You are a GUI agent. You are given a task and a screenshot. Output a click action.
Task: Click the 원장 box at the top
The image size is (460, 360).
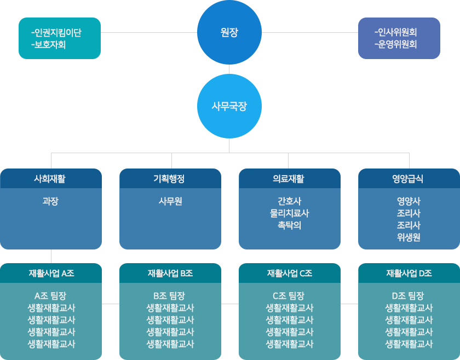(229, 32)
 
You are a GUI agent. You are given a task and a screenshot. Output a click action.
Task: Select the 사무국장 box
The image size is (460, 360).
(229, 106)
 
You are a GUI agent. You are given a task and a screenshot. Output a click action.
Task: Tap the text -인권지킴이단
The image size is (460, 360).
(56, 33)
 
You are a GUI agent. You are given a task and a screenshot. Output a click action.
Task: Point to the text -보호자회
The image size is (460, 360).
(49, 44)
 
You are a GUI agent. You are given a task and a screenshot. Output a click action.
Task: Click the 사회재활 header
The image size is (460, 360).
(50, 178)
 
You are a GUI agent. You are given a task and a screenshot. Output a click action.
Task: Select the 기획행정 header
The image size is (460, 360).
(170, 178)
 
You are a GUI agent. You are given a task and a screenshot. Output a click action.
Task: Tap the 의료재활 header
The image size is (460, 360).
(289, 178)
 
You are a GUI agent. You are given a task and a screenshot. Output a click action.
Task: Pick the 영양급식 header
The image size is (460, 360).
(408, 178)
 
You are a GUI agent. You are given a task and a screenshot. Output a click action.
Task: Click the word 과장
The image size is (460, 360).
(50, 201)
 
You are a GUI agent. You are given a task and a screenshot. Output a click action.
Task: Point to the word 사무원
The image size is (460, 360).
(170, 201)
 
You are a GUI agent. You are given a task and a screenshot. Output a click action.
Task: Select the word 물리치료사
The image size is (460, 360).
(289, 213)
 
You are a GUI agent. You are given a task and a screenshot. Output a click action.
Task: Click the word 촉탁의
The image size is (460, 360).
(289, 225)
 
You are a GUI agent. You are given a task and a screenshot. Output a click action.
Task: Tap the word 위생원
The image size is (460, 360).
(408, 237)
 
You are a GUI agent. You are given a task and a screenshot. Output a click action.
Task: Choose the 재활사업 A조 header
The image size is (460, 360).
(50, 273)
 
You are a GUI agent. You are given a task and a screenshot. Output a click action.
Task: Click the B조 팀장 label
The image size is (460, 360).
(170, 296)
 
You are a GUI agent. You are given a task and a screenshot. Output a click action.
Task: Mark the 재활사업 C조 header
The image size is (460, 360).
(289, 273)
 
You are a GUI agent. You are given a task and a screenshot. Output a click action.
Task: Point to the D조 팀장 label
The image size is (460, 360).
(408, 296)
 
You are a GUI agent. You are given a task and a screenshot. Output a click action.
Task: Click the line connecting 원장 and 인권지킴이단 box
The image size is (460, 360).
(148, 32)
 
